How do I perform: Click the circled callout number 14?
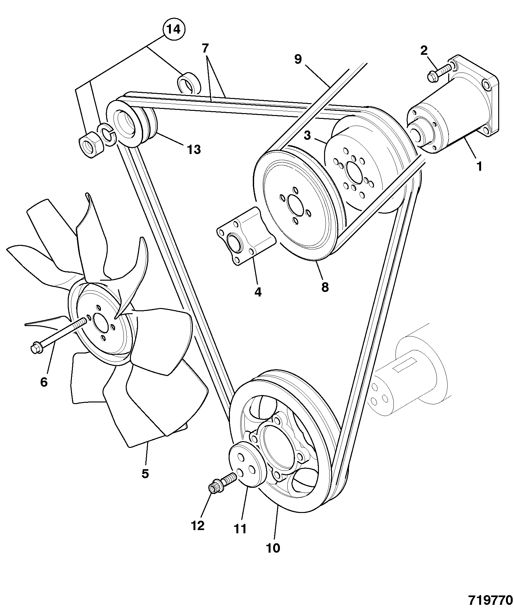[174, 30]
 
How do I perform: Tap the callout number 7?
[205, 49]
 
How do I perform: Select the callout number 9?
[298, 60]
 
